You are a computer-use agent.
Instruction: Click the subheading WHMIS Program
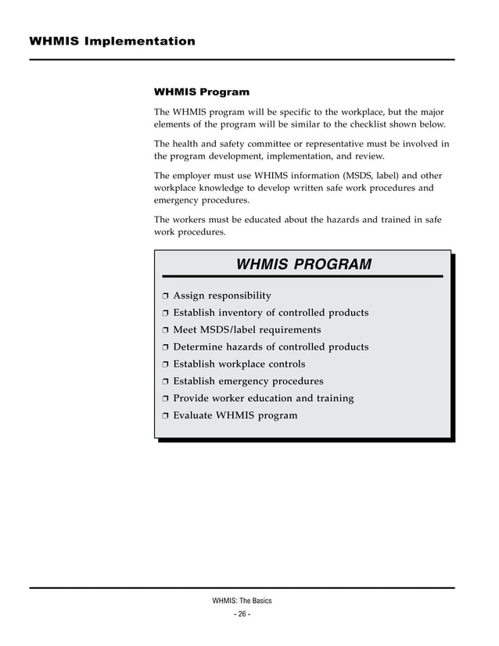point(202,92)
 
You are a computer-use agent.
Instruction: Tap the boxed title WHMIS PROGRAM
point(303,265)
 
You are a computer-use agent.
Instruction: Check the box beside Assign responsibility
point(165,296)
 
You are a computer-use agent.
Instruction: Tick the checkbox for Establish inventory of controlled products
point(165,314)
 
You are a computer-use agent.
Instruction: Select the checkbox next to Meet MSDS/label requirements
point(165,331)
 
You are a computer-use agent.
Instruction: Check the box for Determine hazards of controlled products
point(165,348)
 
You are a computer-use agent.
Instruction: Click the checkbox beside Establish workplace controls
point(165,365)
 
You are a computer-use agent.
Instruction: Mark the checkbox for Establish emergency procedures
point(165,382)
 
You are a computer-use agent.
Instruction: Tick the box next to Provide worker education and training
point(165,400)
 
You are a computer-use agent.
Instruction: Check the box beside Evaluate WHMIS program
point(165,417)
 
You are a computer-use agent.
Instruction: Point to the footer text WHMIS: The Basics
point(242,601)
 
